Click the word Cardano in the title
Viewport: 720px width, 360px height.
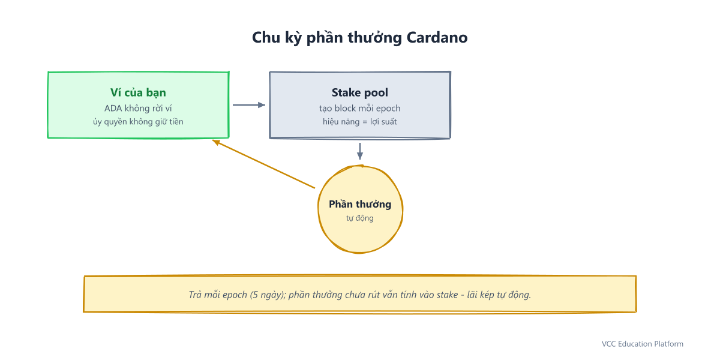[437, 38]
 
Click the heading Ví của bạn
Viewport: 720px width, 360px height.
[138, 92]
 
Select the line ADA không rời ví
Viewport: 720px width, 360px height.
[138, 109]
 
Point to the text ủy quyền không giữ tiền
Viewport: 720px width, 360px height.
[138, 122]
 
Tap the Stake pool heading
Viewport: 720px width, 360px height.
[359, 92]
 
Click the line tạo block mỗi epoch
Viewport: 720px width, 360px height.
[359, 109]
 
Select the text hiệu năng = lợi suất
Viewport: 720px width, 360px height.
[359, 122]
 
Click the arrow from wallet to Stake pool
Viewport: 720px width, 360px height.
[249, 105]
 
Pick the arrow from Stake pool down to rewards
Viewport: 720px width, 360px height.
[360, 151]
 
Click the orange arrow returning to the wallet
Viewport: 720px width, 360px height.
[263, 164]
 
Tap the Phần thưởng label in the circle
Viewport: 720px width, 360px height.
[360, 204]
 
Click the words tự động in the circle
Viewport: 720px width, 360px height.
[359, 218]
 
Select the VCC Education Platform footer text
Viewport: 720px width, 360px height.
[643, 344]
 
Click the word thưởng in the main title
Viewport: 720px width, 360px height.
[375, 38]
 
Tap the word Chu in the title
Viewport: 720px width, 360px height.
[263, 38]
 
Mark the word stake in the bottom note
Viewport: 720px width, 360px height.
[447, 295]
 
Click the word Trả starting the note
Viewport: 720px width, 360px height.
[195, 295]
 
